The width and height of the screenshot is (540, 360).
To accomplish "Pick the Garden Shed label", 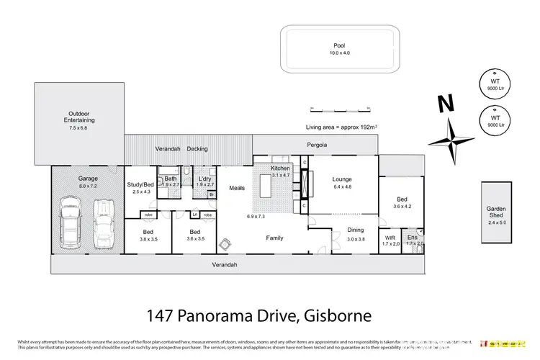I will pos(496,212).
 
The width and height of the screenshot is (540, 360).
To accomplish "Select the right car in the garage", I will pos(104,219).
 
